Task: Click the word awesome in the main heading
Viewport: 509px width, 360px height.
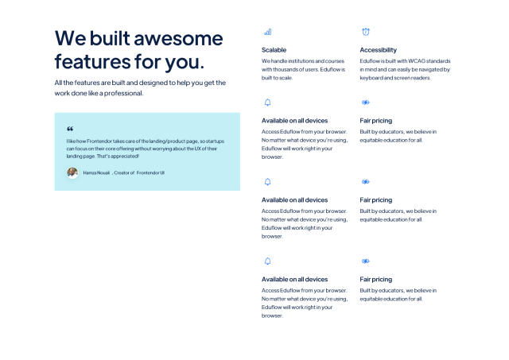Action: coord(178,39)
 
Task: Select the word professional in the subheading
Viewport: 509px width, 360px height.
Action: coord(124,93)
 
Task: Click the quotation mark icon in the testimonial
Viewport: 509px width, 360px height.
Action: coord(70,129)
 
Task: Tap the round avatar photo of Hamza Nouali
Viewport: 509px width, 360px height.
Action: coord(72,173)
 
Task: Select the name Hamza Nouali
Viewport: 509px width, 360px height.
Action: coord(96,173)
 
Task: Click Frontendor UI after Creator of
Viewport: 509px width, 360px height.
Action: coord(150,173)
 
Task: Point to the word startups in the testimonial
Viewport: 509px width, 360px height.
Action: coord(216,141)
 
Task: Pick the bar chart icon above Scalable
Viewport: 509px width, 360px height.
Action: coord(268,32)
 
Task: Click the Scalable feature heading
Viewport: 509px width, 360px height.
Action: coord(274,50)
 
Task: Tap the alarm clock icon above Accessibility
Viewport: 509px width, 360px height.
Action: coord(366,32)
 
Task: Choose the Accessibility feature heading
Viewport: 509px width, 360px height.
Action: coord(379,50)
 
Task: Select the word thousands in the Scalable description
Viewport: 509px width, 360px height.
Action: coord(286,69)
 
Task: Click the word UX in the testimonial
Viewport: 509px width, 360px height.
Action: coord(197,149)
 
